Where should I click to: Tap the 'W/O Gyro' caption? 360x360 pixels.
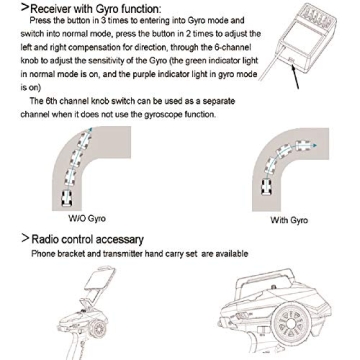tap(87, 219)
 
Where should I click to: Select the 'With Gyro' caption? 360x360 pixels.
tap(289, 220)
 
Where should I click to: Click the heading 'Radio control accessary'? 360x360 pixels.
tap(87, 239)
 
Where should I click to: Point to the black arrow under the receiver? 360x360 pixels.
tap(295, 77)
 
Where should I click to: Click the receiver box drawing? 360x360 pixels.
tap(304, 39)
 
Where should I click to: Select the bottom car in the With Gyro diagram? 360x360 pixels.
tap(267, 187)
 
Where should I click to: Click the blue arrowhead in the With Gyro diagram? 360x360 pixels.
tap(313, 145)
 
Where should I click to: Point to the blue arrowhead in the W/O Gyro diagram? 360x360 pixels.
tap(92, 130)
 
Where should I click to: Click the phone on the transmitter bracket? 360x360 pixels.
tap(100, 278)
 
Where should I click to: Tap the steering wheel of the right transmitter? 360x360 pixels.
tap(290, 323)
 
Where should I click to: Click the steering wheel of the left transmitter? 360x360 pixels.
tap(99, 329)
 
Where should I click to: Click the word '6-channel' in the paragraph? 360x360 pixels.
tap(235, 48)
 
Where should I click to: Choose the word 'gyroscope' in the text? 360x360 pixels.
tap(160, 115)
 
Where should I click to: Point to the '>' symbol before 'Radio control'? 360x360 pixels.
tap(25, 238)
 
